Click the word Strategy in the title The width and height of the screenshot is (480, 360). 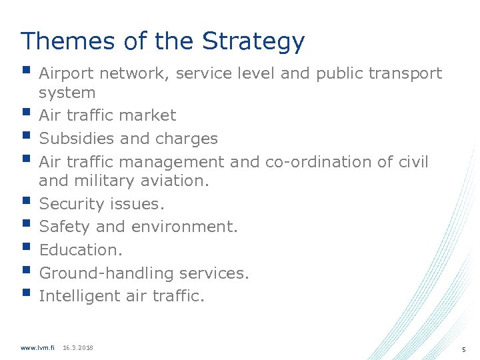point(253,41)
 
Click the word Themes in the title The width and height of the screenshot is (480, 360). point(58,41)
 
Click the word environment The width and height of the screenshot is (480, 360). point(183,227)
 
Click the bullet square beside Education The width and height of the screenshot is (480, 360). point(26,247)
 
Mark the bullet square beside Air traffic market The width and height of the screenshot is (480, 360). point(26,113)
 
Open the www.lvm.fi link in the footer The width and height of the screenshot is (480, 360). point(37,348)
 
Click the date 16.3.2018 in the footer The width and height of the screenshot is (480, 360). point(77,348)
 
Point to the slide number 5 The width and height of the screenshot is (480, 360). point(463,350)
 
